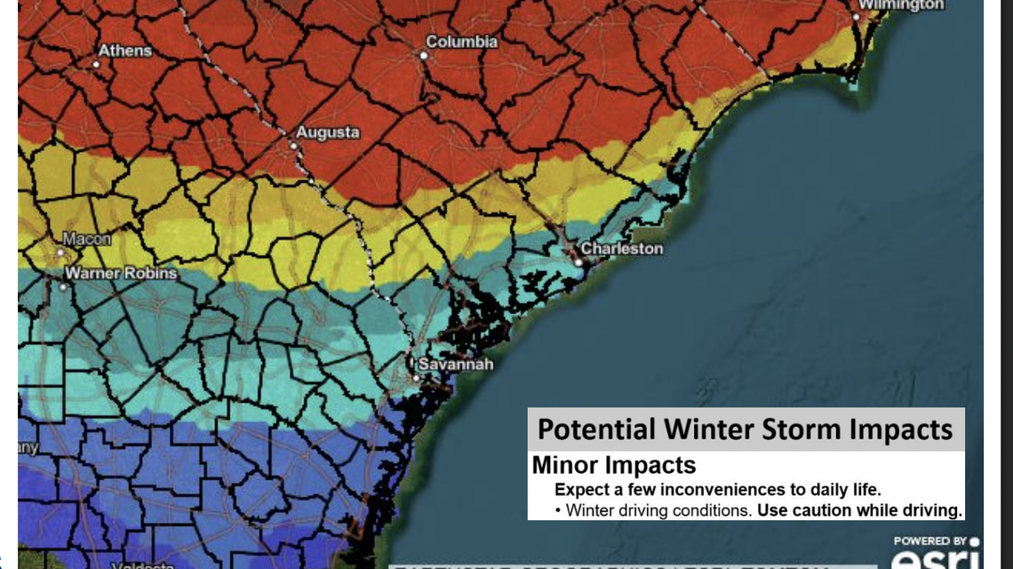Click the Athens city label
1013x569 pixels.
pyautogui.click(x=125, y=50)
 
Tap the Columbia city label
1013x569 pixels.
pyautogui.click(x=461, y=42)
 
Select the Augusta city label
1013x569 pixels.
pyautogui.click(x=328, y=132)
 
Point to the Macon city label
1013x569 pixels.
pyautogui.click(x=87, y=239)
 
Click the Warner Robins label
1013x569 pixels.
pyautogui.click(x=121, y=273)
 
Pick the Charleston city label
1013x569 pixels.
pyautogui.click(x=622, y=249)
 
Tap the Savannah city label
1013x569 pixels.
pyautogui.click(x=455, y=365)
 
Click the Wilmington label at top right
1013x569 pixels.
pyautogui.click(x=900, y=5)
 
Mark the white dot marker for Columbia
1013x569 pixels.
pyautogui.click(x=425, y=55)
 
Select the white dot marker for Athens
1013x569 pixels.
pyautogui.click(x=96, y=63)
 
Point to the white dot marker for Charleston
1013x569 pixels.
pyautogui.click(x=578, y=262)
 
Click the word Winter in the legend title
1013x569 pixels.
pyautogui.click(x=713, y=430)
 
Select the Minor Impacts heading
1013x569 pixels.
pyautogui.click(x=613, y=464)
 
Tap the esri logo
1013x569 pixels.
pyautogui.click(x=936, y=559)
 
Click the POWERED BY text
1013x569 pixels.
pyautogui.click(x=929, y=541)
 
